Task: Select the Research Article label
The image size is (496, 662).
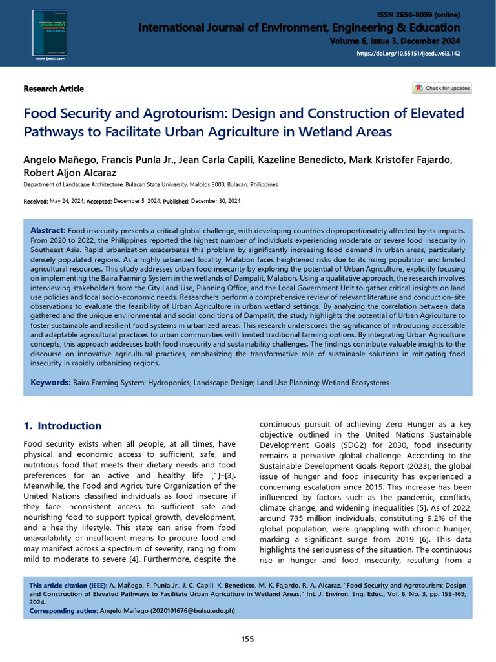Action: click(54, 89)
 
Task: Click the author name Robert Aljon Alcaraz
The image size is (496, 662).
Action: click(70, 173)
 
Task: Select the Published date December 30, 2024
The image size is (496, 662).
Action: click(216, 202)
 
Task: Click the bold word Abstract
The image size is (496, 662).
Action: click(48, 231)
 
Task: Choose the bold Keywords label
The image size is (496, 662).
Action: click(50, 383)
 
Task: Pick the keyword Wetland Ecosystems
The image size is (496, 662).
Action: click(355, 383)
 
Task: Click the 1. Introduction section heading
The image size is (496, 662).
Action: click(63, 426)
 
